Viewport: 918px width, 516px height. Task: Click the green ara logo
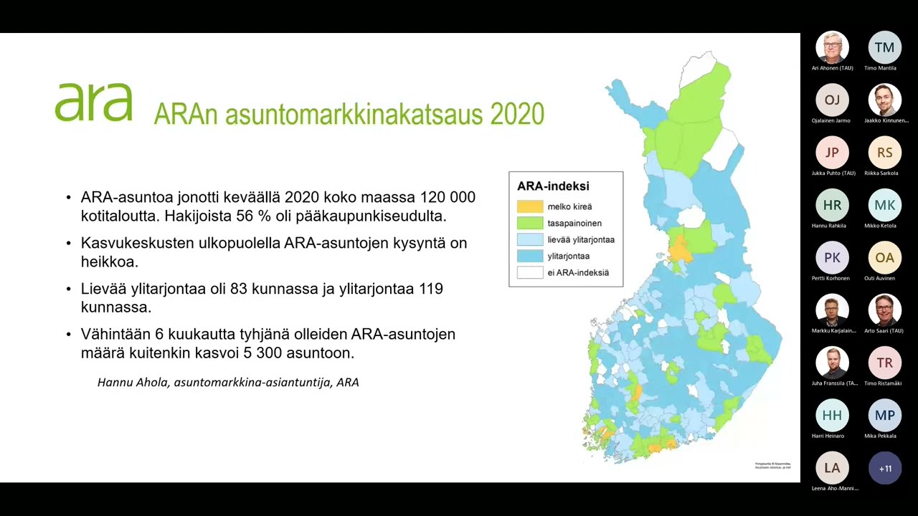coord(93,102)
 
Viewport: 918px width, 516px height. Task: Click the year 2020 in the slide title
coord(517,114)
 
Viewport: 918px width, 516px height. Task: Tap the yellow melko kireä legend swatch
coord(530,206)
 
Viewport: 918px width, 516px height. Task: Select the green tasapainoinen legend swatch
coord(530,223)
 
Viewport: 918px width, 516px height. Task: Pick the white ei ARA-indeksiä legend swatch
coord(530,272)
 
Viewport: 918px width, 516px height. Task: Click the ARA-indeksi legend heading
coord(553,186)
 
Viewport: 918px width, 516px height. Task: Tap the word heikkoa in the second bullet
coord(109,262)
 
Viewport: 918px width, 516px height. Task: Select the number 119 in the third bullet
coord(429,289)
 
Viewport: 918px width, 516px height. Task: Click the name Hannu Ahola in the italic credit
coord(133,382)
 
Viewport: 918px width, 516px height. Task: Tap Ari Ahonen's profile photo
coord(832,48)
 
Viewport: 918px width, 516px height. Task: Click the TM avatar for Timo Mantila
coord(884,48)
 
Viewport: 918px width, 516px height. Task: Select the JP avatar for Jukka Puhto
coord(832,153)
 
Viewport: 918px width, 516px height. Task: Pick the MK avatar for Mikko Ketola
coord(884,205)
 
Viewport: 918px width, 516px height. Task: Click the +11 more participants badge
coord(884,468)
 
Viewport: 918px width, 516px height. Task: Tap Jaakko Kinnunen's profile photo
coord(884,100)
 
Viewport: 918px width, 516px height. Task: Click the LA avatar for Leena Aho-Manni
coord(832,468)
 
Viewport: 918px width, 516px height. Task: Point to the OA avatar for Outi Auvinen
coord(884,257)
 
